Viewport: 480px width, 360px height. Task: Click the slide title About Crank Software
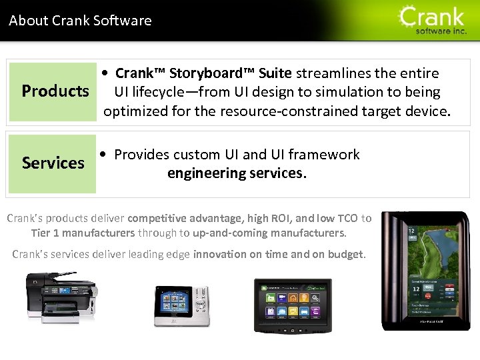pyautogui.click(x=80, y=21)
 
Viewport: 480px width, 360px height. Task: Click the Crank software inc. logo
pyautogui.click(x=433, y=21)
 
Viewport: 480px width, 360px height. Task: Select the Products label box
pyautogui.click(x=55, y=91)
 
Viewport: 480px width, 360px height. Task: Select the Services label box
pyautogui.click(x=53, y=163)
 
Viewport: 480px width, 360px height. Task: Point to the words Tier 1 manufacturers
pyautogui.click(x=83, y=233)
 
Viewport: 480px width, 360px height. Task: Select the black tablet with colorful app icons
pyautogui.click(x=292, y=305)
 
